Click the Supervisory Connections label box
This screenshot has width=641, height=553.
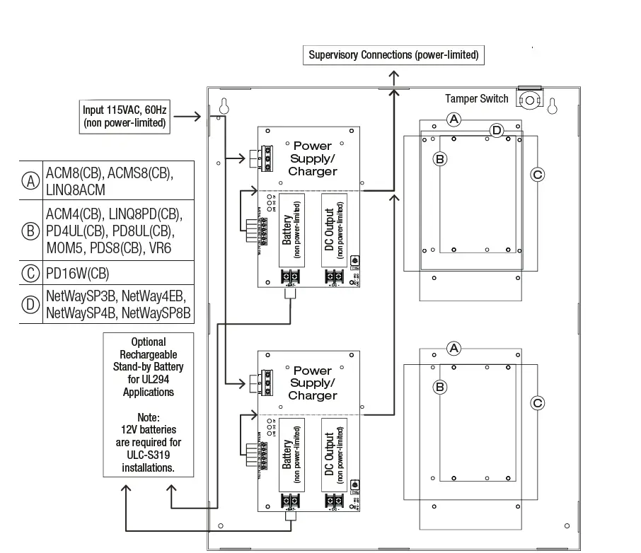(x=393, y=54)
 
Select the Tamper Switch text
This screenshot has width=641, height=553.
(x=476, y=99)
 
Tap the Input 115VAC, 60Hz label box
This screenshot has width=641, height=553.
(x=124, y=116)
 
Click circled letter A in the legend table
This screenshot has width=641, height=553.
(x=30, y=180)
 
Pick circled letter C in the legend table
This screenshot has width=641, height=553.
(x=30, y=273)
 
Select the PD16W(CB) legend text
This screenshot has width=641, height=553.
(x=78, y=273)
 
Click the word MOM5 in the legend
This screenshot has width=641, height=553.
(x=66, y=248)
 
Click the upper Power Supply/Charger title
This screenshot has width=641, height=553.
(x=313, y=158)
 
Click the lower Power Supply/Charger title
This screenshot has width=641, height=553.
(x=313, y=383)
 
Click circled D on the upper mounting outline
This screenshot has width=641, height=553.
(x=497, y=130)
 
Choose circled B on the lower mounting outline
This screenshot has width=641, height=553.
(x=439, y=387)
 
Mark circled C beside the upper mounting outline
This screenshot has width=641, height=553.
(x=537, y=174)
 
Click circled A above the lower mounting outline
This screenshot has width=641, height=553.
(x=455, y=348)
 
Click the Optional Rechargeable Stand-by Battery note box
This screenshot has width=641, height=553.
(x=149, y=405)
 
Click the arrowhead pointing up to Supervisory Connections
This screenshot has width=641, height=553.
(x=394, y=74)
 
